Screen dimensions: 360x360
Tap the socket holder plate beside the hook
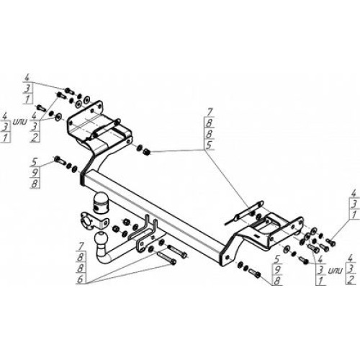point(92,221)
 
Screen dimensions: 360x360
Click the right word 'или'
point(336,271)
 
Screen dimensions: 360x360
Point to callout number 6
point(81,279)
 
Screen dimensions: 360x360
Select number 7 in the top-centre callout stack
point(210,112)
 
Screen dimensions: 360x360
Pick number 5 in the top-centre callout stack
point(210,145)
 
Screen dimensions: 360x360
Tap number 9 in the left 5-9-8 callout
point(35,172)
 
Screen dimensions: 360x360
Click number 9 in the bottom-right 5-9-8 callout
point(277,270)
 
